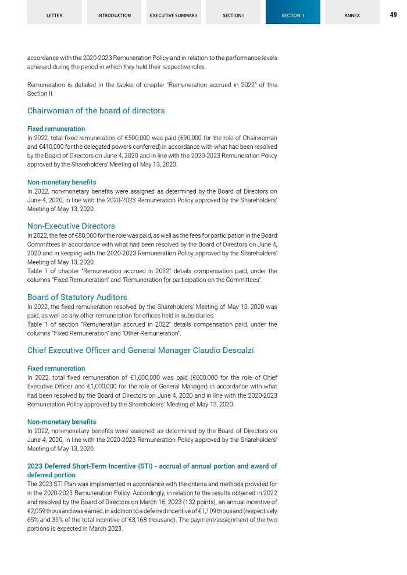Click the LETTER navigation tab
(54, 15)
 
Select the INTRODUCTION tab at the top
(114, 15)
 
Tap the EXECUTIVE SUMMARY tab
(173, 15)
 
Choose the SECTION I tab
(233, 15)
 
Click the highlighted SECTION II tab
(292, 15)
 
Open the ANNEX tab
(352, 15)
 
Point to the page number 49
(393, 15)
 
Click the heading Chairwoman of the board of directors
(96, 110)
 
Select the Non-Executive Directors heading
(71, 226)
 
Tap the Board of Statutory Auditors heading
(77, 297)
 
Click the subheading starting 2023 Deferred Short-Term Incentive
(152, 470)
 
